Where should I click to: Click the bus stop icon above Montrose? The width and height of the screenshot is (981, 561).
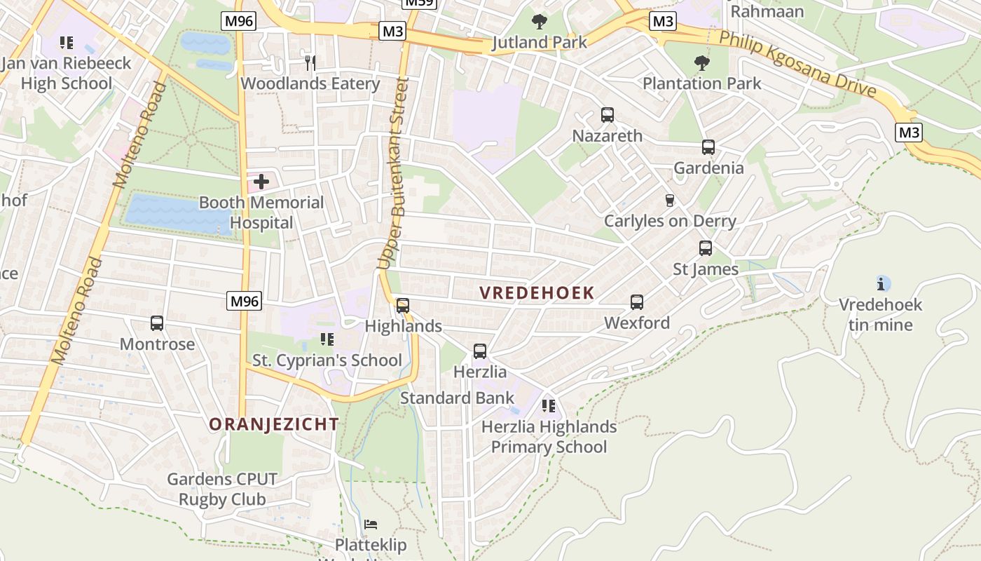tap(157, 323)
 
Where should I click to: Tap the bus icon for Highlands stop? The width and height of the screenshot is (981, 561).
tap(403, 306)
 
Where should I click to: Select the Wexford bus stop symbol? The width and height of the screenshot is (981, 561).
tap(637, 302)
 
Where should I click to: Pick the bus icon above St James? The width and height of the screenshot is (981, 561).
tap(706, 248)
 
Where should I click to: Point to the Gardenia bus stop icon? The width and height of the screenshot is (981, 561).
tap(708, 147)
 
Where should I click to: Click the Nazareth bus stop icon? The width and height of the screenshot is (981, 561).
tap(608, 115)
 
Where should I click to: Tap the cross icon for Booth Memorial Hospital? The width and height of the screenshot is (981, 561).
tap(261, 182)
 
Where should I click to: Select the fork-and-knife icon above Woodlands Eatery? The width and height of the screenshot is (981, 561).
tap(310, 63)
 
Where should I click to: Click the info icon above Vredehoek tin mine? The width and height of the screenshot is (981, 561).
tap(881, 284)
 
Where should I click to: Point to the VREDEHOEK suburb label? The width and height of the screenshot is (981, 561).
tap(537, 293)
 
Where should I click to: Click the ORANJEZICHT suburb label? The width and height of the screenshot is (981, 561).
tap(274, 424)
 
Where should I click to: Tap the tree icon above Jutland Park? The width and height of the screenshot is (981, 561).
tap(539, 22)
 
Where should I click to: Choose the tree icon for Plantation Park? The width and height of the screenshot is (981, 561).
tap(701, 63)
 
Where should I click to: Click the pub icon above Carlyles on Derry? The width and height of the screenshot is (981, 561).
tap(669, 201)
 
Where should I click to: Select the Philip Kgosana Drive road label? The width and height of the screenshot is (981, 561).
tap(797, 65)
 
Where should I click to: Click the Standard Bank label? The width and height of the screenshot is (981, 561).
tap(457, 398)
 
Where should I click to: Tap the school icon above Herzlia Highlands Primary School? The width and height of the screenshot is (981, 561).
tap(549, 406)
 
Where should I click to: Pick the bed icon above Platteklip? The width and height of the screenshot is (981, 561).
tap(371, 524)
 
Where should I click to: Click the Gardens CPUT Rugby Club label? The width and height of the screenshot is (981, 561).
tap(222, 489)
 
